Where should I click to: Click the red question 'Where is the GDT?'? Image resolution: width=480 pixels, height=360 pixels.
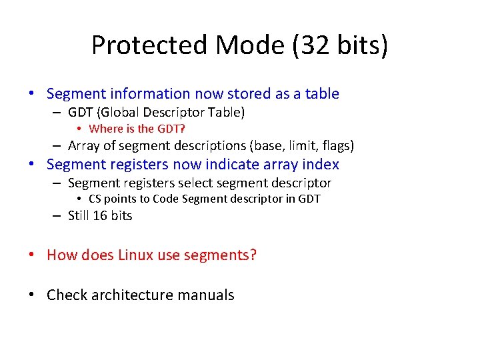pos(137,129)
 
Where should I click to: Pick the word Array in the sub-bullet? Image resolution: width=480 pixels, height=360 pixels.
pos(83,145)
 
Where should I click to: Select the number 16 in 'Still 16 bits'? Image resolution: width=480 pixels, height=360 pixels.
pos(100,215)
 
